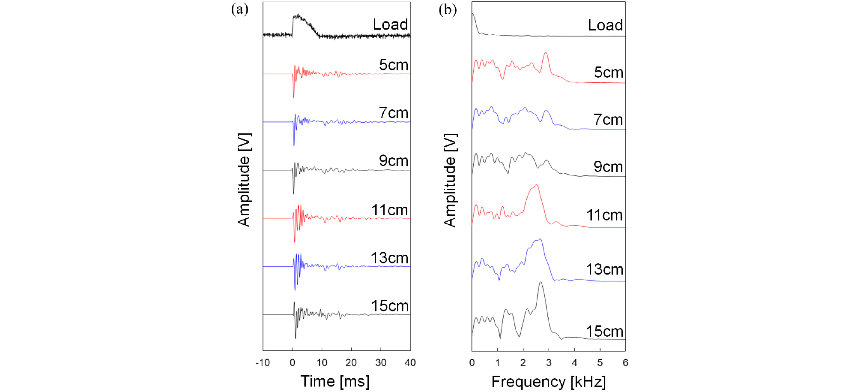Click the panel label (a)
pyautogui.click(x=239, y=9)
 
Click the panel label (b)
pyautogui.click(x=448, y=9)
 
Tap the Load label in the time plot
pyautogui.click(x=390, y=24)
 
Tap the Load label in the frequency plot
pyautogui.click(x=605, y=25)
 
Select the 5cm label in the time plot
pyautogui.click(x=394, y=65)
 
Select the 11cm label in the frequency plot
pyautogui.click(x=604, y=215)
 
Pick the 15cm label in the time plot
pyautogui.click(x=390, y=306)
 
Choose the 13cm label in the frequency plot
pyautogui.click(x=604, y=269)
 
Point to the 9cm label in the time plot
pyautogui.click(x=394, y=161)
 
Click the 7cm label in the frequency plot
pyautogui.click(x=608, y=120)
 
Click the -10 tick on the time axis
pyautogui.click(x=263, y=363)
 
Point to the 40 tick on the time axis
pyautogui.click(x=410, y=363)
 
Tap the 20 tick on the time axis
pyautogui.click(x=351, y=363)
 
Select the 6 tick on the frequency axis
pyautogui.click(x=625, y=363)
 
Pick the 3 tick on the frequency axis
pyautogui.click(x=549, y=363)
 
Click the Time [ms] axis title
pyautogui.click(x=335, y=381)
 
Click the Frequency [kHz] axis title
pyautogui.click(x=548, y=381)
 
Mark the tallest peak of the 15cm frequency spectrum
pyautogui.click(x=540, y=282)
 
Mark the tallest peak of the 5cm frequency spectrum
pyautogui.click(x=546, y=53)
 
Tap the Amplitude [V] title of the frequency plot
pyautogui.click(x=450, y=180)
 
